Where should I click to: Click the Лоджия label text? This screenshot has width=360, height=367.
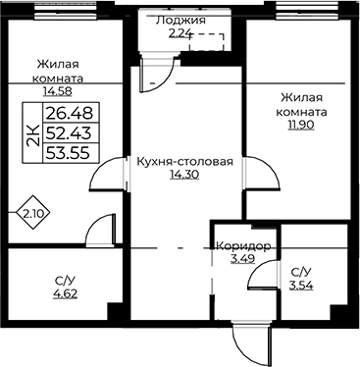[180, 21]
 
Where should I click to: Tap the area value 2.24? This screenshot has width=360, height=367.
[180, 33]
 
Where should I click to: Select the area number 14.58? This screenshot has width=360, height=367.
[58, 91]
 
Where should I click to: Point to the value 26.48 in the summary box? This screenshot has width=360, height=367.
[70, 113]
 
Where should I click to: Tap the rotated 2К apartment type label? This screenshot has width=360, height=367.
[33, 134]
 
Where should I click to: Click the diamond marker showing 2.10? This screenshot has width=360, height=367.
[33, 213]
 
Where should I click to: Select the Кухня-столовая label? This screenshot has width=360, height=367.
[184, 162]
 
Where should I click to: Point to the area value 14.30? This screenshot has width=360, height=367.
[184, 175]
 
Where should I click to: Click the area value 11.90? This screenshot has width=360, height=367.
[301, 126]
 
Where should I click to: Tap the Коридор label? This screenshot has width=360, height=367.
[243, 246]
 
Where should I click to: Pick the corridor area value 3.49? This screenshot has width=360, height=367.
[242, 259]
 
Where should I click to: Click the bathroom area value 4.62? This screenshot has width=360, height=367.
[66, 293]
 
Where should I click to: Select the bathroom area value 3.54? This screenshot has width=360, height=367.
[301, 286]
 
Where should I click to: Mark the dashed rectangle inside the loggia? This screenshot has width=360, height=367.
[207, 42]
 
